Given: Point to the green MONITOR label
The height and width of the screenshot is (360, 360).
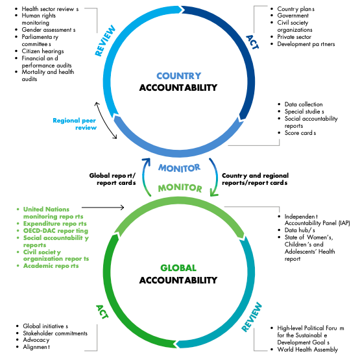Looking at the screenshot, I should pos(178,189).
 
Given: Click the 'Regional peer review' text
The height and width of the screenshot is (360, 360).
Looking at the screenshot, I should pos(75,124).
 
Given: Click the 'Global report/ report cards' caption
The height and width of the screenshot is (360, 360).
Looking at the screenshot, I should pos(112,178).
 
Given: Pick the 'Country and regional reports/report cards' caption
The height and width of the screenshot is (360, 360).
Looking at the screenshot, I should pos(255,178).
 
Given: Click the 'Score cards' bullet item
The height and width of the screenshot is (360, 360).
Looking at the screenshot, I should pos(300,133).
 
